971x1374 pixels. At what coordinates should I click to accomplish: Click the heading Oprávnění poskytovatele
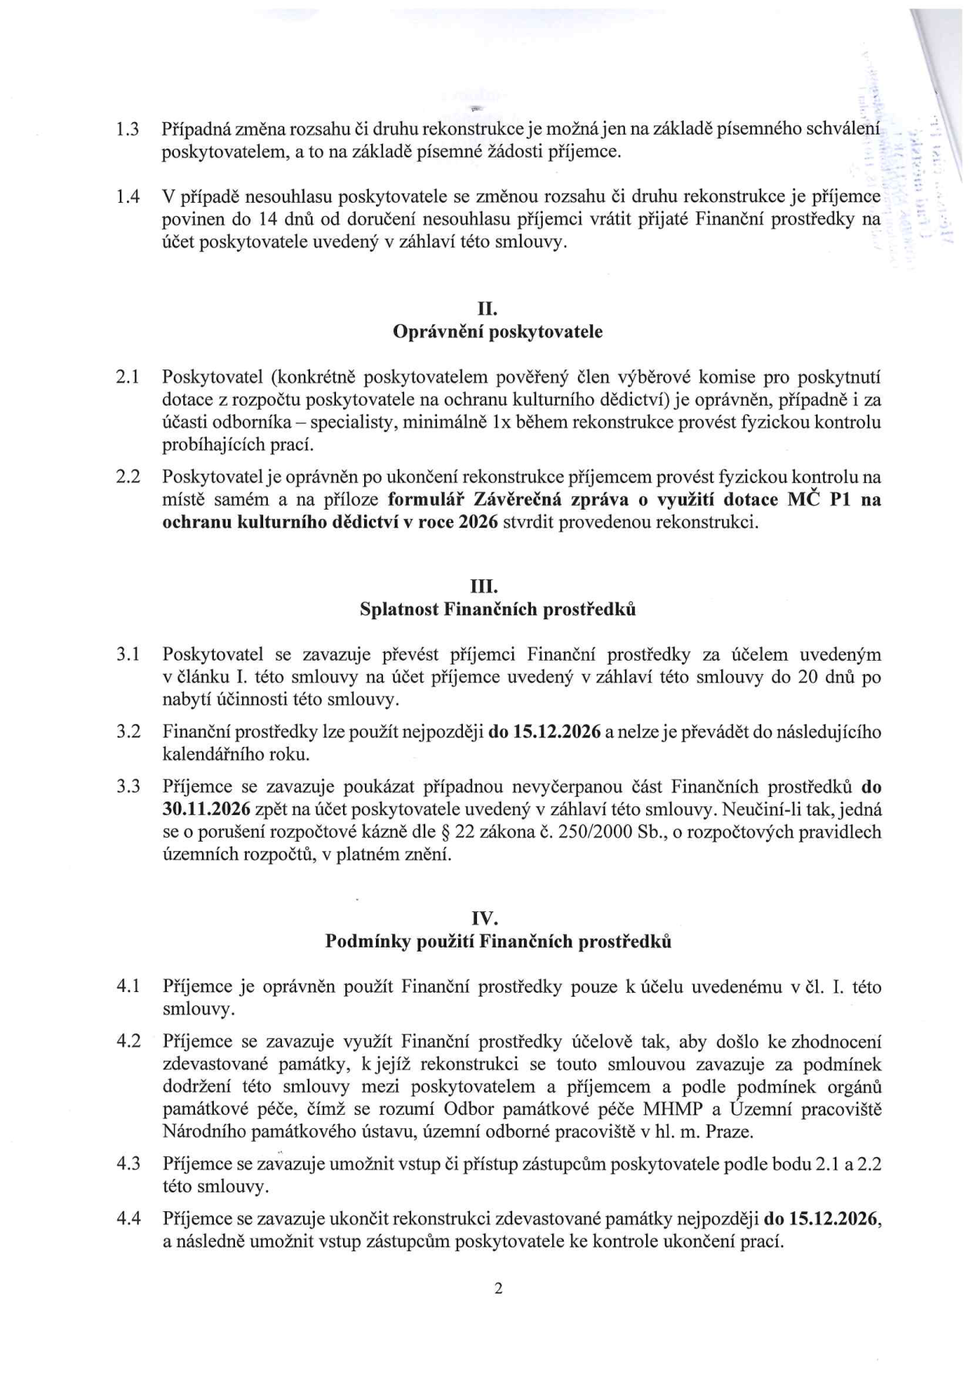(x=497, y=332)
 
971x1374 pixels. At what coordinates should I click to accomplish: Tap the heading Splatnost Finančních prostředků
(x=497, y=609)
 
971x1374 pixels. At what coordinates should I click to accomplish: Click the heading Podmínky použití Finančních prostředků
(x=497, y=942)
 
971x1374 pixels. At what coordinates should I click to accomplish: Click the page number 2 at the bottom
(x=497, y=1289)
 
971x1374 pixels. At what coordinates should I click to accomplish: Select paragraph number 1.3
(x=128, y=129)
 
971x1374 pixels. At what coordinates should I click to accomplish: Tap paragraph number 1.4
(x=128, y=197)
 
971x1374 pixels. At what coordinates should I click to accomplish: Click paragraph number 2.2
(x=128, y=477)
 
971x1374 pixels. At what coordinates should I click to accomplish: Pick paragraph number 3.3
(x=128, y=786)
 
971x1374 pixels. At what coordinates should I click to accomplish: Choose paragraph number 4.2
(x=128, y=1041)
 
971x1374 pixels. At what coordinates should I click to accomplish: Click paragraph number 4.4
(x=128, y=1219)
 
